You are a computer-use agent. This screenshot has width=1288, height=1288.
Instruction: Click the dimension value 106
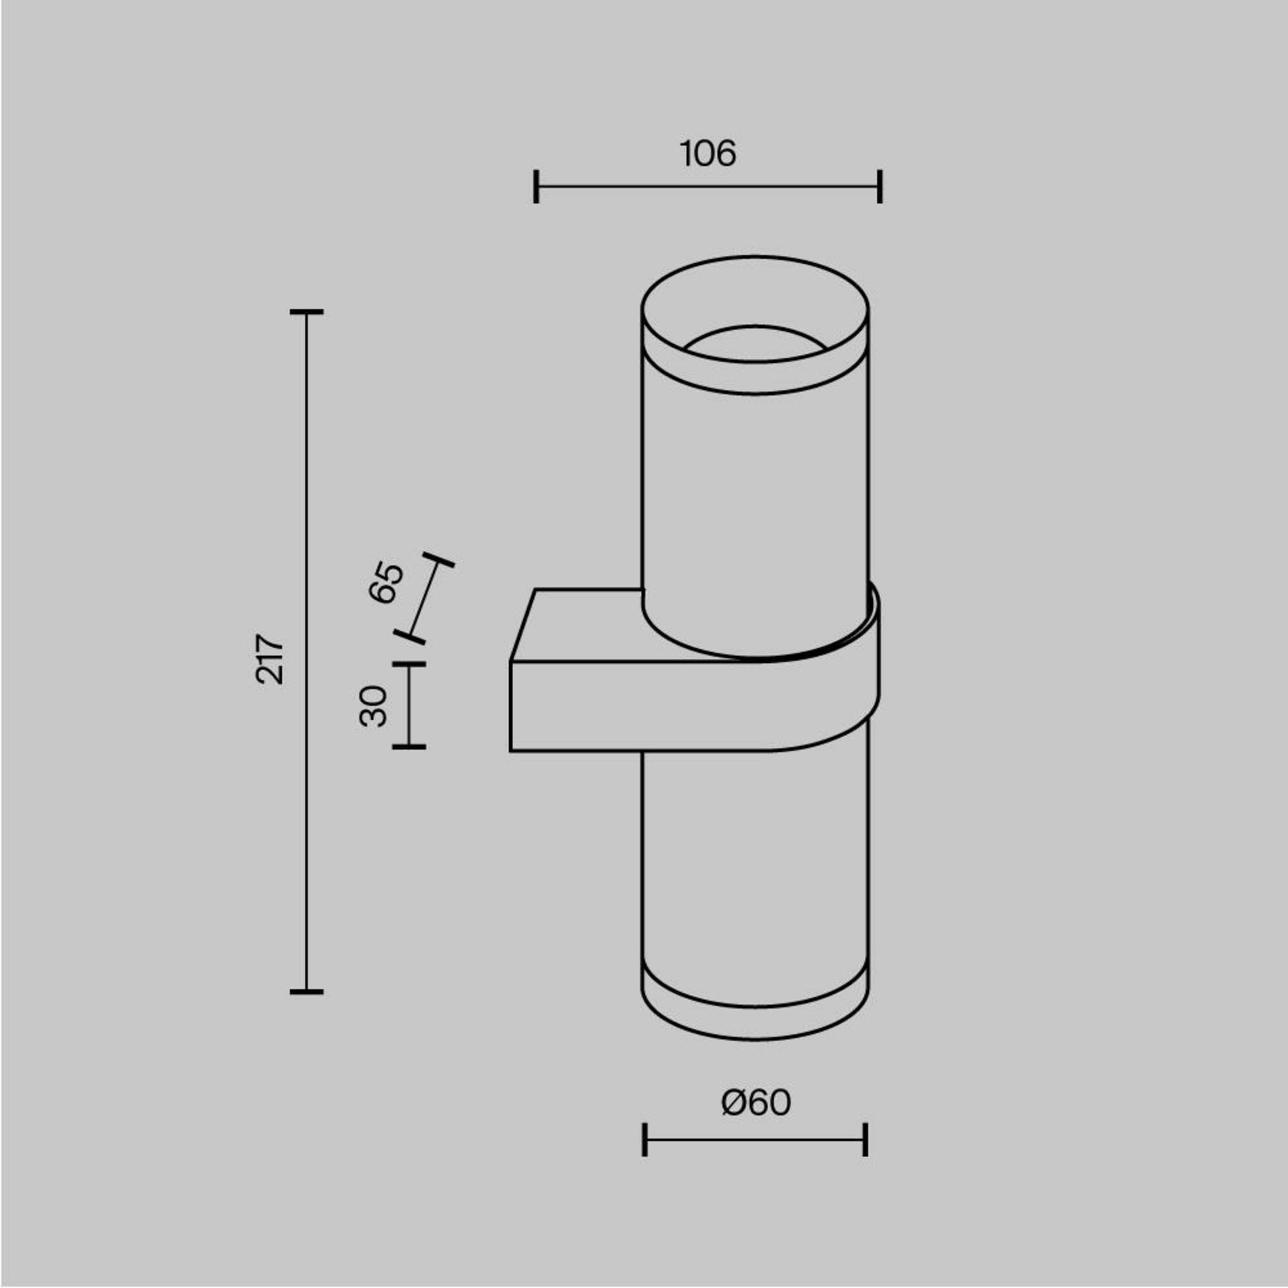(708, 154)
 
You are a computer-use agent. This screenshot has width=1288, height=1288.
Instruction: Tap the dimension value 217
(270, 658)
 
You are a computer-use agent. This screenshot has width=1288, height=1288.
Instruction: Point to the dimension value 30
(374, 706)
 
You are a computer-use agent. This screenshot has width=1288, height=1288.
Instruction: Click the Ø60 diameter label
(756, 1102)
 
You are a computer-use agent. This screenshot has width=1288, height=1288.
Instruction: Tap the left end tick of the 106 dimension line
(536, 186)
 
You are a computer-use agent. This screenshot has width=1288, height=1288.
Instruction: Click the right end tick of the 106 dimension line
(879, 186)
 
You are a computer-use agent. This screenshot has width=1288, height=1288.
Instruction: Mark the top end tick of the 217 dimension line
(307, 312)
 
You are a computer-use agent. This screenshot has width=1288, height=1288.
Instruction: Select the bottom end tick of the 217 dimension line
(307, 991)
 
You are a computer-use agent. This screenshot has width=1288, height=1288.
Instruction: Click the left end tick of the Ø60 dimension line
(645, 1139)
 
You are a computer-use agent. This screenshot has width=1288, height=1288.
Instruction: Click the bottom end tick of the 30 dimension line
(409, 746)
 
